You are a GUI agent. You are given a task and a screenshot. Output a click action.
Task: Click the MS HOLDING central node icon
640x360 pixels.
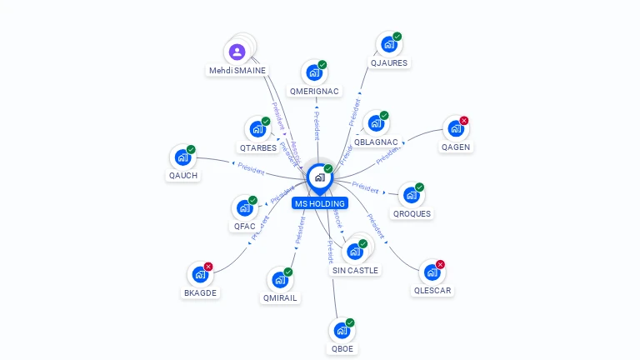coord(319,177)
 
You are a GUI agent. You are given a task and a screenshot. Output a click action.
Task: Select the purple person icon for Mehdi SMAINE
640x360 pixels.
coord(237,52)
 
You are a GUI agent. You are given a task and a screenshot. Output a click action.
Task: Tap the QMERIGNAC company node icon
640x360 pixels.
coord(314,73)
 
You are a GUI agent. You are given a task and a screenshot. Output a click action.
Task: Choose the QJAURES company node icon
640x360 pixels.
coord(388,45)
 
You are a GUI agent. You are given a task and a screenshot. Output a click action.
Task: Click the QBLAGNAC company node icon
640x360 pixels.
coord(376,124)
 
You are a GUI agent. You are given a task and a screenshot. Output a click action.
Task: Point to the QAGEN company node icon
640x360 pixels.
coord(455,129)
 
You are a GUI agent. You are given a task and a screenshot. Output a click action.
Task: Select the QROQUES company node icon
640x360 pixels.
coord(411,196)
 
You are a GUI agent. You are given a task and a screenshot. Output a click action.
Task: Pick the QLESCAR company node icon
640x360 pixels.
coord(432,272)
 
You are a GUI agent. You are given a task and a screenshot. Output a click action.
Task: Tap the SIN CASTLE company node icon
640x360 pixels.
coord(354,252)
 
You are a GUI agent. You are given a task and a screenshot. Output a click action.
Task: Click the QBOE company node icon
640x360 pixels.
coord(341,331)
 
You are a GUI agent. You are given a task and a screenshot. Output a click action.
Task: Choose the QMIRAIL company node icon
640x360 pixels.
coord(279,280)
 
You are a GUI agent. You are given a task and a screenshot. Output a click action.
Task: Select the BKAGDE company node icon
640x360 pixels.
coord(200,274)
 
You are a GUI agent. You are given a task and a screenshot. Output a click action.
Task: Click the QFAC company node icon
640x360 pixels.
coord(245,207)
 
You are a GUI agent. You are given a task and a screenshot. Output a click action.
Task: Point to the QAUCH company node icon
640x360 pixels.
coord(182,157)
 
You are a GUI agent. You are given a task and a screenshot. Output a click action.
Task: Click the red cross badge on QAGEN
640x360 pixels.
coord(464,121)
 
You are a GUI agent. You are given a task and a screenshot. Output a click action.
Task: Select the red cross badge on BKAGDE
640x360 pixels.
coord(208,267)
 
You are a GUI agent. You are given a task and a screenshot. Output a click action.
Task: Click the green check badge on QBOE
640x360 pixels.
coord(350,322)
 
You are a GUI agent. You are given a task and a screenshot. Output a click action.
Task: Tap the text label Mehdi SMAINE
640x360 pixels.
coord(237,71)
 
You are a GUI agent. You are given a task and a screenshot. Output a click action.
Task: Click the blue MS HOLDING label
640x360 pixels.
coord(319,203)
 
